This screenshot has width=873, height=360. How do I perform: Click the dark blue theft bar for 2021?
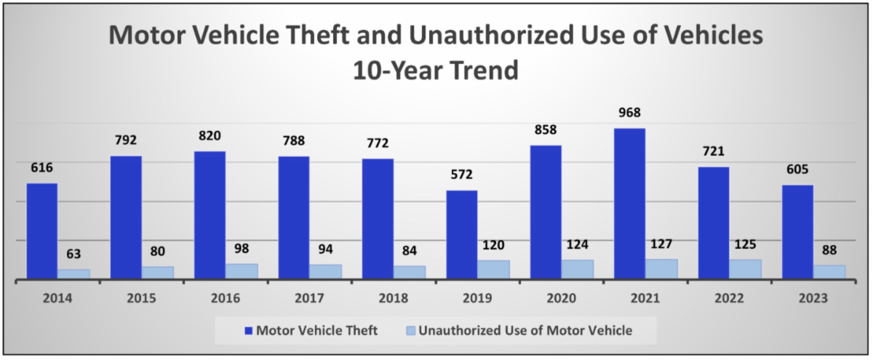pos(629,204)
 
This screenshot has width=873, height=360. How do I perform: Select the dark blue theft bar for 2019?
pos(462,234)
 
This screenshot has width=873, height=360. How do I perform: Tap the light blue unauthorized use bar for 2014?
pos(73,273)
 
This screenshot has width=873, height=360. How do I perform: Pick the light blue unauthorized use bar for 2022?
pos(745,268)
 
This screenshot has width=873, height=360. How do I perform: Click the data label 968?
pos(629,113)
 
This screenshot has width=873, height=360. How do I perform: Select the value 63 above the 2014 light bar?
pos(73,255)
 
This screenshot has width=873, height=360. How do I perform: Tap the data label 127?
pos(661,244)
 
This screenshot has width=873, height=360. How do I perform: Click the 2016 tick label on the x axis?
pos(226,298)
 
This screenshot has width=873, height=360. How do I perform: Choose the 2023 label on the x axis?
pos(813,298)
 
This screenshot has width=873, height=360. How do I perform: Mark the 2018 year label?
pos(394,298)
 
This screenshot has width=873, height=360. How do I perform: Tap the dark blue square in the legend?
pos(248,331)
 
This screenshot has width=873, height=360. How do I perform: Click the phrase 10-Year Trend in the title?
pos(436,71)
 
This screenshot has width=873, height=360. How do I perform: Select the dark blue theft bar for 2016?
pos(210,215)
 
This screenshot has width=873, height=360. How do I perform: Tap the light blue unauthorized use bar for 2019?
pos(493,269)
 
